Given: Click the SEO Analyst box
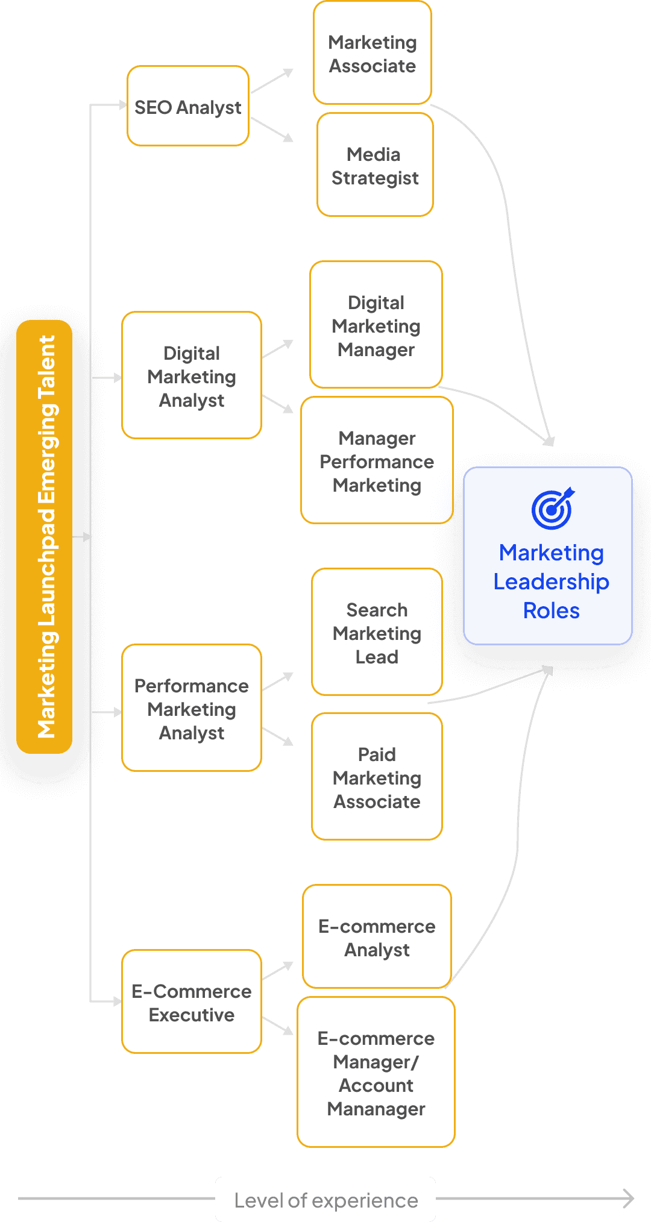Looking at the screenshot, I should point(187,106).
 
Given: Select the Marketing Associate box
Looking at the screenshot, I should point(373,53).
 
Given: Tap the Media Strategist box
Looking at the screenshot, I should point(375,165).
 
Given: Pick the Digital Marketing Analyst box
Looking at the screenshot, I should point(191,375).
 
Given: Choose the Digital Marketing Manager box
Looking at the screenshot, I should point(376,325).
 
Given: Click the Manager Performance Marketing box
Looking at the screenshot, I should point(377,460).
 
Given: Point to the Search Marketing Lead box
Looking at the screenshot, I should point(377,632).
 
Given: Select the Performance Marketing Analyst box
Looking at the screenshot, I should point(191,708).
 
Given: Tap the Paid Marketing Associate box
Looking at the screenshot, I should point(377,777).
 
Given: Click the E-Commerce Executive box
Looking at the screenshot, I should point(191,1002).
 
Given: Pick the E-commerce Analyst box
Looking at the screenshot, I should point(377,936).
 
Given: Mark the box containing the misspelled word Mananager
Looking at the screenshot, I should point(376,1073).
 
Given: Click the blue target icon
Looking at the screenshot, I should point(552,509).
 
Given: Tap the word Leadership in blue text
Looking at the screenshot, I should point(551,581).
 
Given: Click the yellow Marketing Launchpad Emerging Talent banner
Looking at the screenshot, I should point(45,536).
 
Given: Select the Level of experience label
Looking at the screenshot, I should point(325,1200).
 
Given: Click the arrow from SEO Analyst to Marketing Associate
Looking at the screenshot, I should point(272,81).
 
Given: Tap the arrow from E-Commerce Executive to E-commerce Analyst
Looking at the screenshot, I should point(278,971).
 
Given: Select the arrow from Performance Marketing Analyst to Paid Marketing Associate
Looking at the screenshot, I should point(278,736).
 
